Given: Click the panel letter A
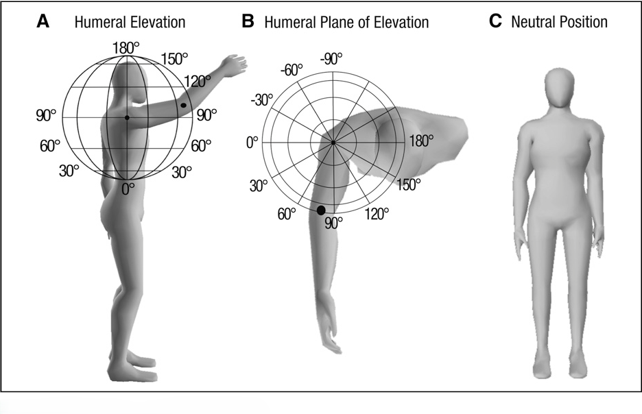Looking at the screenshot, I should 43,22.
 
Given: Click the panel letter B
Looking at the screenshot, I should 248,22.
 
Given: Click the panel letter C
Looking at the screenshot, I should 495,22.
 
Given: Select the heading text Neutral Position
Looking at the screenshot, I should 559,22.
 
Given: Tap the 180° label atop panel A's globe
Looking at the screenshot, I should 126,47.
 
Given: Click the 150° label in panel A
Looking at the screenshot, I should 174,58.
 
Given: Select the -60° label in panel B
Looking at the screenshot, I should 292,70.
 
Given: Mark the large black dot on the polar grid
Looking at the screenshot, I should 321,210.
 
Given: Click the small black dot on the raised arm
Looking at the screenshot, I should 183,105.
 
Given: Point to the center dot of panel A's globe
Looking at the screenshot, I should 127,118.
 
